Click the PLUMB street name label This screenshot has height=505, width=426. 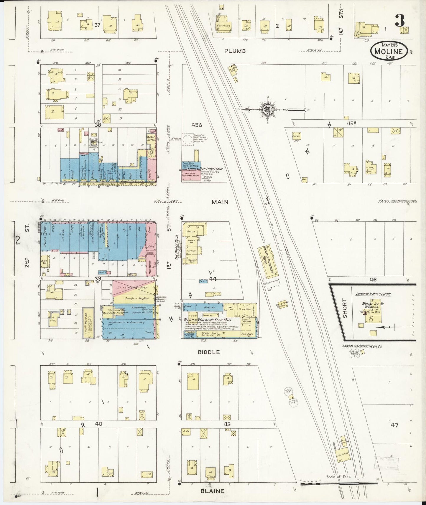(x=235, y=51)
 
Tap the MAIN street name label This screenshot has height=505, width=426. (x=220, y=202)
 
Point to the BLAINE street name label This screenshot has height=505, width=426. (x=212, y=491)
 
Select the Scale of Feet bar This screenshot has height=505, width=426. (x=339, y=483)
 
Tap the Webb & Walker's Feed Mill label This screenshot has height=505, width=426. (x=208, y=320)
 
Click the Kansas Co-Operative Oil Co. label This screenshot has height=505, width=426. (x=362, y=346)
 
